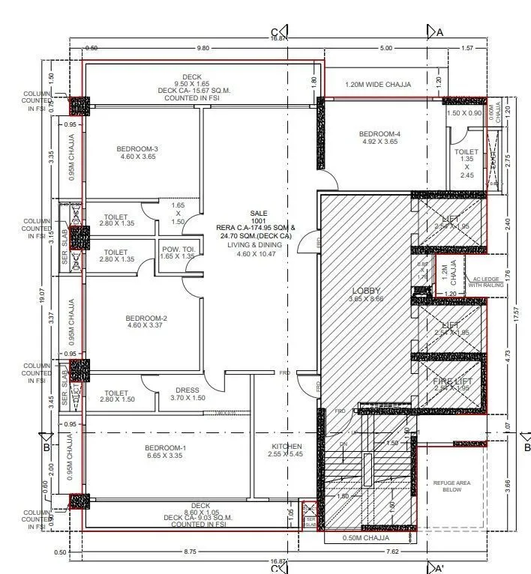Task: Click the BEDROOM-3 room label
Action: [136, 149]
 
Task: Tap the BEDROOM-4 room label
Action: [380, 134]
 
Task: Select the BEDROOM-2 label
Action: [145, 318]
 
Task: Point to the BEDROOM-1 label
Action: [165, 448]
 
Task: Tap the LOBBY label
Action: [366, 291]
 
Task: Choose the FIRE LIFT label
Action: [452, 382]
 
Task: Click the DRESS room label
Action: [187, 390]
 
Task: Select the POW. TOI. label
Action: [178, 248]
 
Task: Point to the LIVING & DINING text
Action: [257, 245]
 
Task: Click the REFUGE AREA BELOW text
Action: [452, 485]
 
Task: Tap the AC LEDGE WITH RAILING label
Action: [485, 281]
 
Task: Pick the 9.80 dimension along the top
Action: [202, 48]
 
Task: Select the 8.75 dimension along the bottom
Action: [190, 552]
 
